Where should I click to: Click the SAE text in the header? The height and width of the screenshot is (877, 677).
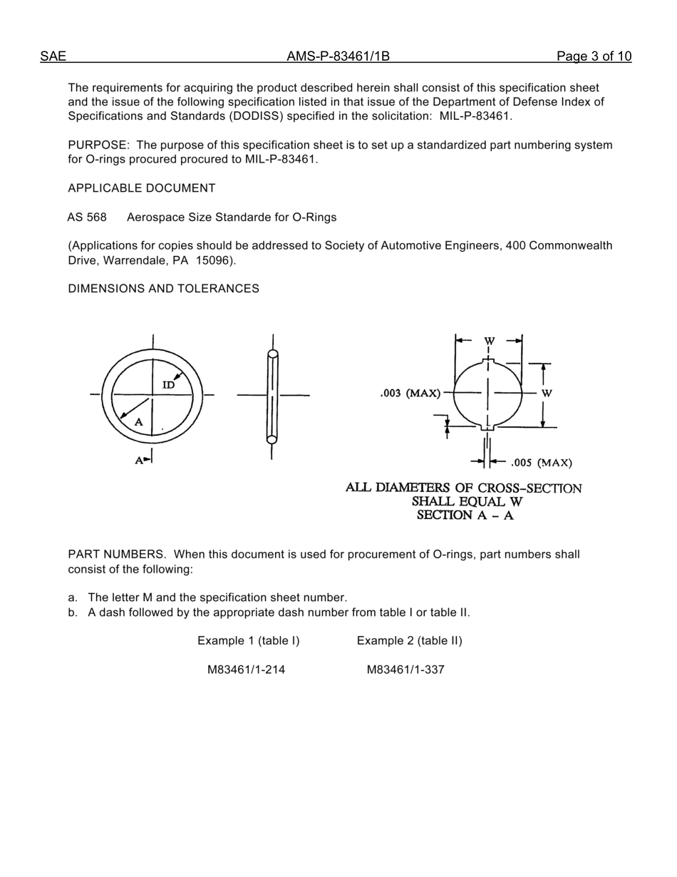pos(53,57)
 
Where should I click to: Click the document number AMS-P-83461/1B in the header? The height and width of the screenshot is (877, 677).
pos(338,57)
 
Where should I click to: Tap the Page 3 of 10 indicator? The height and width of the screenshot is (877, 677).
pos(594,57)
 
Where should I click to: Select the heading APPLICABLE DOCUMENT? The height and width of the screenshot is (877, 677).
pos(141,188)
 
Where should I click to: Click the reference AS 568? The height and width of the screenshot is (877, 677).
pos(87,217)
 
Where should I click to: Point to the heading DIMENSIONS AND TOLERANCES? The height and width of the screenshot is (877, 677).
pos(163,289)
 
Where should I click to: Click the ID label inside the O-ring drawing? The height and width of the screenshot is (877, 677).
pos(168,385)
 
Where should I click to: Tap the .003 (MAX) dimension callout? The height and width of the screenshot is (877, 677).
pos(410,393)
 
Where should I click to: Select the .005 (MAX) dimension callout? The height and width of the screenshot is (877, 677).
pos(541,463)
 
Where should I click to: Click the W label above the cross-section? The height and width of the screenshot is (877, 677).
pos(489,342)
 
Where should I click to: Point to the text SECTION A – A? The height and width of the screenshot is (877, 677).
pos(465,516)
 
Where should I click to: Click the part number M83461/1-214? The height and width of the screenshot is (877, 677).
pos(246,670)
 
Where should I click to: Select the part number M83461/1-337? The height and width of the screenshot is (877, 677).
pos(405,670)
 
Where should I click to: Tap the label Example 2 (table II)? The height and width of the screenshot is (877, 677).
pos(409,641)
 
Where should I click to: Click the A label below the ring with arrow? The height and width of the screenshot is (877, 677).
pos(140,461)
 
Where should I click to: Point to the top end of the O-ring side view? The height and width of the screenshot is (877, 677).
pos(272,354)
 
